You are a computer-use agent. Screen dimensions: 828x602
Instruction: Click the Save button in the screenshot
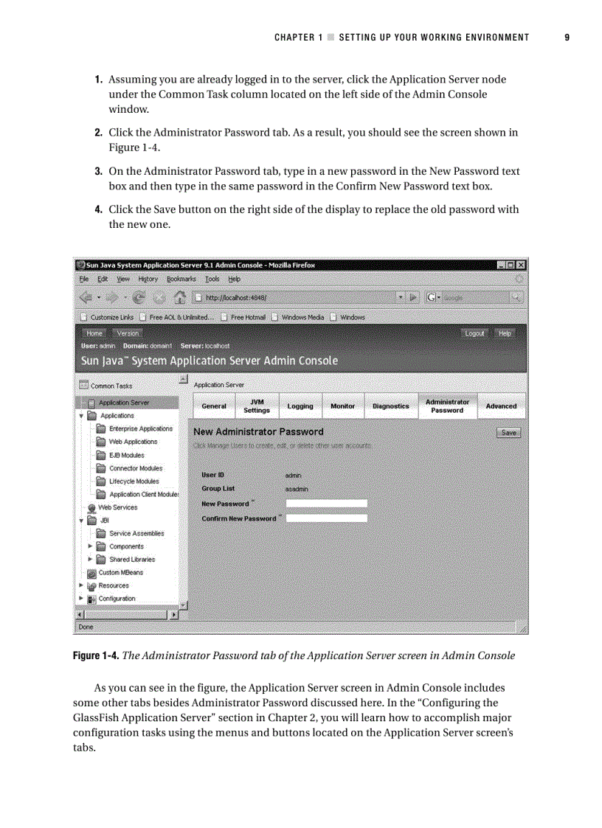508,433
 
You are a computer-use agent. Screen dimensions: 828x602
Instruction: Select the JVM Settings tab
257,406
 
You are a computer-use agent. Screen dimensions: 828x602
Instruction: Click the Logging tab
300,406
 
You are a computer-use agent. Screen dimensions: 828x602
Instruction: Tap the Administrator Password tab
447,406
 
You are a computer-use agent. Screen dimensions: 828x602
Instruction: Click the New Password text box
326,504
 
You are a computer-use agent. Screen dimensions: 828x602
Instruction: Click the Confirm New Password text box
326,518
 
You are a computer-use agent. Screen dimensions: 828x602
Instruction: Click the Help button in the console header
505,333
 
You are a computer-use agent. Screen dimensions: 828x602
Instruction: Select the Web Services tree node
117,507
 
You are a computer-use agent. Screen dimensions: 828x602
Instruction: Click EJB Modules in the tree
126,455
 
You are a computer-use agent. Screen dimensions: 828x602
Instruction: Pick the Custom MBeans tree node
120,572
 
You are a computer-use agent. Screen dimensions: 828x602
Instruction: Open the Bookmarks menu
181,279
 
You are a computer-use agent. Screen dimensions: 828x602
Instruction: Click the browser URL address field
295,298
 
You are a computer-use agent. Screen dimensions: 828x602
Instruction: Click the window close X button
522,265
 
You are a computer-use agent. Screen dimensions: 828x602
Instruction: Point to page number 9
567,38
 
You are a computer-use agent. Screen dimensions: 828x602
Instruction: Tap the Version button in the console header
128,333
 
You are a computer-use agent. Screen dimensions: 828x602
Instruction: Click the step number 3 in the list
97,171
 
